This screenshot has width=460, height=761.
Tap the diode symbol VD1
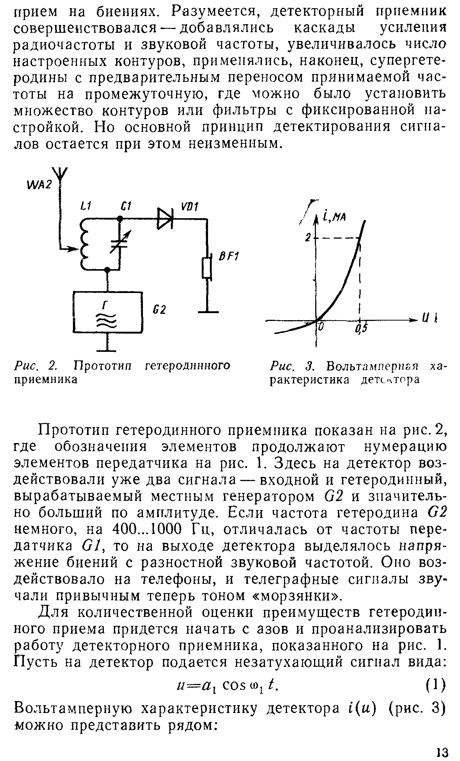165,219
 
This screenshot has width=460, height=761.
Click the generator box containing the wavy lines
108,312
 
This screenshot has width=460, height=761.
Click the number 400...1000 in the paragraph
147,529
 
